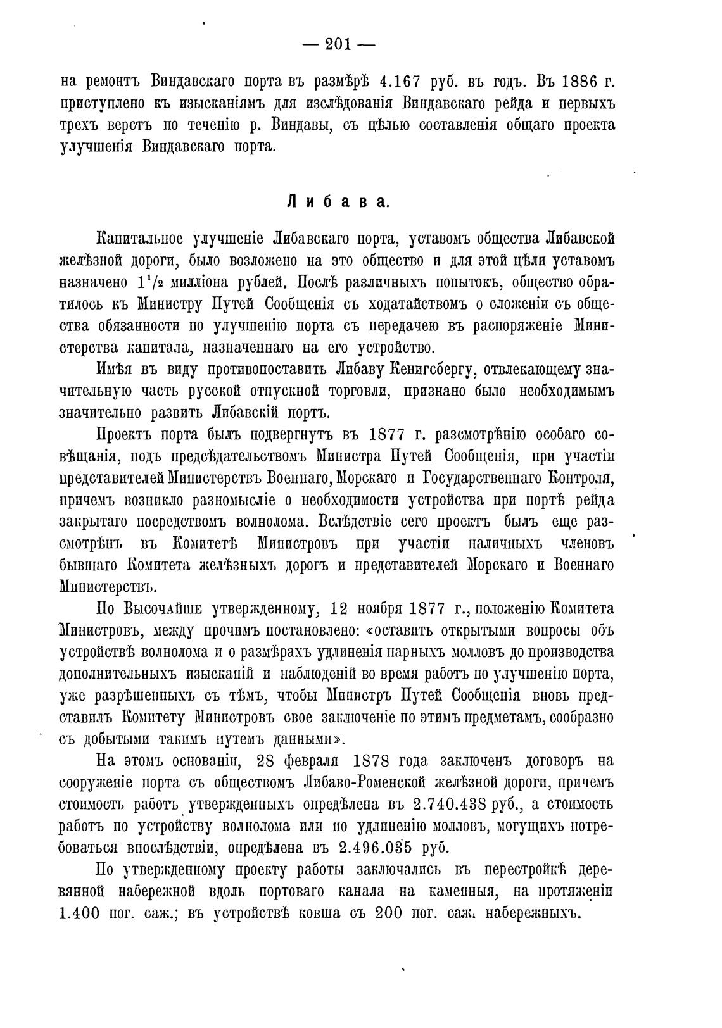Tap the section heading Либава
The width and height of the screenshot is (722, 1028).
338,202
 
